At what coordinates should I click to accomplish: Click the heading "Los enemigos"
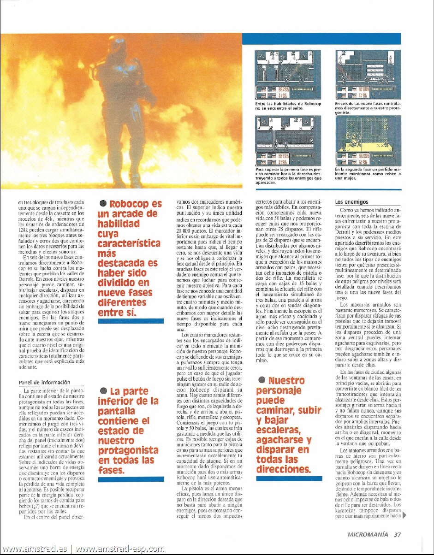pos(351,201)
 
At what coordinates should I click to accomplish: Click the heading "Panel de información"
pos(43,382)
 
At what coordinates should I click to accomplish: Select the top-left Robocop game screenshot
pos(288,73)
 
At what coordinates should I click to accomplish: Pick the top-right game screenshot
pos(368,73)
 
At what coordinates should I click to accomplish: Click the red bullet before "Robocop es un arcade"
pos(103,204)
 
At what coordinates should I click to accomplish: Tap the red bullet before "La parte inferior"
pos(103,391)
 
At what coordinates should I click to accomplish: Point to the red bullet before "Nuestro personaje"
pos(262,380)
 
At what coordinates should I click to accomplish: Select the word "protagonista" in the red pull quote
pos(128,450)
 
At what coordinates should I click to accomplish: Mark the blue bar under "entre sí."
pos(131,321)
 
